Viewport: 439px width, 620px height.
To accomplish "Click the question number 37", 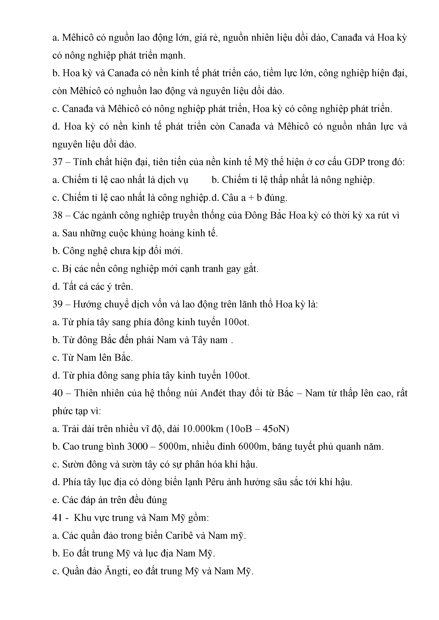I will (x=57, y=162).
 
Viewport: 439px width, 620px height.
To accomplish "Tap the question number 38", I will (x=57, y=215).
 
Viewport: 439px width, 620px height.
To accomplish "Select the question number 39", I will (x=57, y=304).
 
